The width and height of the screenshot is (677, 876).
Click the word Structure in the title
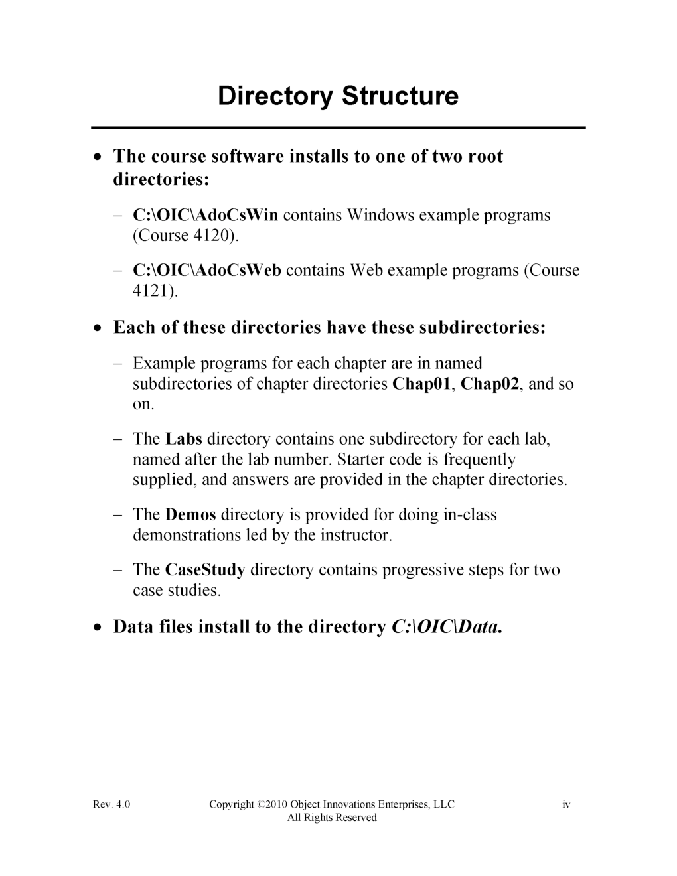coord(400,96)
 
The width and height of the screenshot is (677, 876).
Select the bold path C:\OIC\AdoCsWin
coord(206,215)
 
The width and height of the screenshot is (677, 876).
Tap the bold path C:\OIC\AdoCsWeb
coord(207,270)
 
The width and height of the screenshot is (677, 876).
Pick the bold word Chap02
coord(489,384)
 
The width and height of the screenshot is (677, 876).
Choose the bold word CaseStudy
coord(205,569)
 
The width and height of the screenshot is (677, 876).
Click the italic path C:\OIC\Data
coord(443,627)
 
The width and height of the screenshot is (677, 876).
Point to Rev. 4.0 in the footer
coord(112,804)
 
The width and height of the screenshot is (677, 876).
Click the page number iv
coord(566,804)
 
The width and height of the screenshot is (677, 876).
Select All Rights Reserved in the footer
coord(332,818)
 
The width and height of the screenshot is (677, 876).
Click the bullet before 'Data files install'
coord(98,627)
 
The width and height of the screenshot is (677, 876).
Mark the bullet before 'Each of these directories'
coord(98,328)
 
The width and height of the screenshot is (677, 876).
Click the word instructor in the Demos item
coord(356,535)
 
